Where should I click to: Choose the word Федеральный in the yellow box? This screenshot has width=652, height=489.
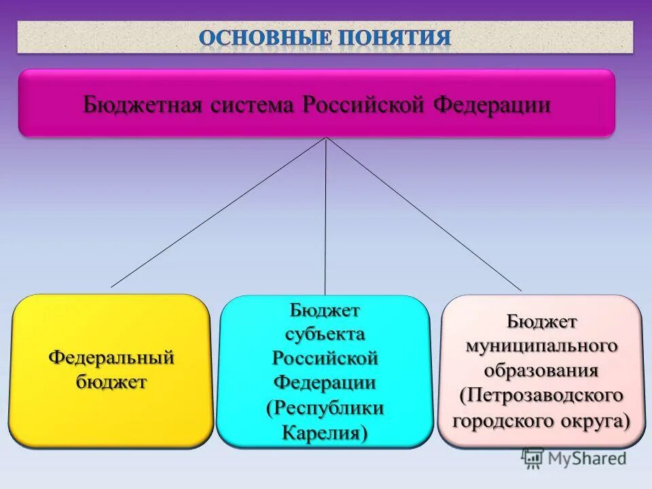tap(111, 357)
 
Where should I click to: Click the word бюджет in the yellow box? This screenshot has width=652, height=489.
tap(111, 382)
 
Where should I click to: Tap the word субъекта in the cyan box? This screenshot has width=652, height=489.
tap(325, 334)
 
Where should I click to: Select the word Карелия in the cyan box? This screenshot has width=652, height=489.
tap(325, 432)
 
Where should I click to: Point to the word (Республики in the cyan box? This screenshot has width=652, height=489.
tap(325, 407)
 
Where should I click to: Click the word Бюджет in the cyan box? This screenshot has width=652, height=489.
tap(325, 310)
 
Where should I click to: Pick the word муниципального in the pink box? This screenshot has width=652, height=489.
tap(541, 345)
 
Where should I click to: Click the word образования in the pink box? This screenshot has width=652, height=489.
tap(541, 370)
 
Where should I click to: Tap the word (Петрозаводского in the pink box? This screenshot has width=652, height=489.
tap(541, 395)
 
